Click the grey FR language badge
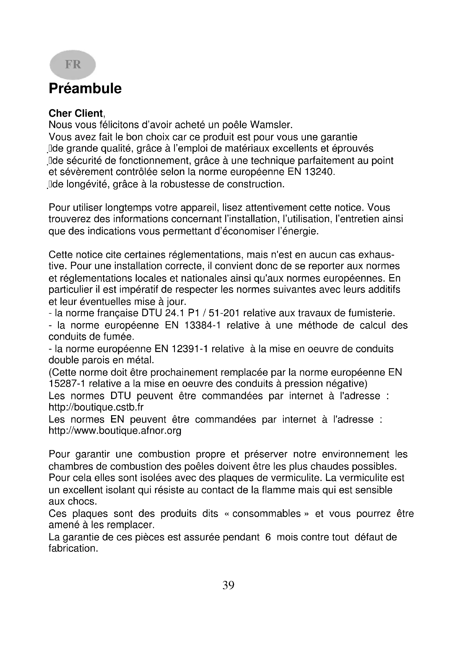click(73, 64)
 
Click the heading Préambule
click(85, 89)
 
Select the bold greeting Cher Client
click(76, 113)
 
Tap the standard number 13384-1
click(202, 326)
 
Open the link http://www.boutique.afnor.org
click(115, 431)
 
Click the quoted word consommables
click(266, 514)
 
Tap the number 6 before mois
click(268, 537)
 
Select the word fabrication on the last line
click(73, 548)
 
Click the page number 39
click(228, 586)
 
